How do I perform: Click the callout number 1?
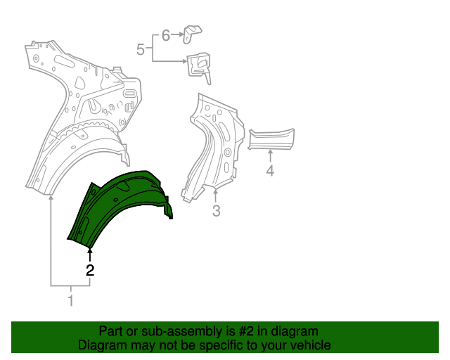click(70, 302)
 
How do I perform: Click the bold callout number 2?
click(89, 269)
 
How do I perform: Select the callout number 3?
click(217, 210)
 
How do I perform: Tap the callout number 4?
click(270, 170)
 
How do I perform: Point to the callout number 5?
click(140, 49)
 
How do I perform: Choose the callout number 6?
click(166, 34)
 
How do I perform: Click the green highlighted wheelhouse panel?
click(120, 204)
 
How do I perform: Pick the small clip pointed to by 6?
click(193, 31)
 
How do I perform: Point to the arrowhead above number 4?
click(270, 150)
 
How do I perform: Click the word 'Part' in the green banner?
click(110, 331)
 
